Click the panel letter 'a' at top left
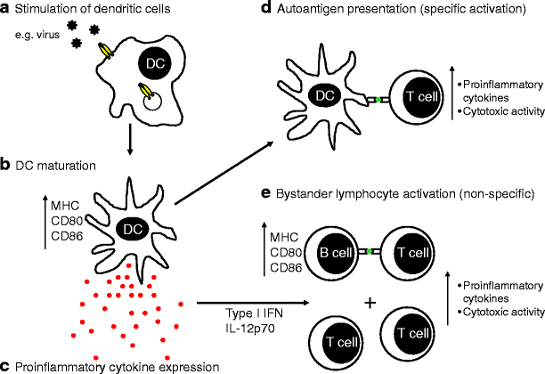coord(6,10)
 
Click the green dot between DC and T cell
coord(378,99)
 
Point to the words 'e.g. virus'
coord(39,35)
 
